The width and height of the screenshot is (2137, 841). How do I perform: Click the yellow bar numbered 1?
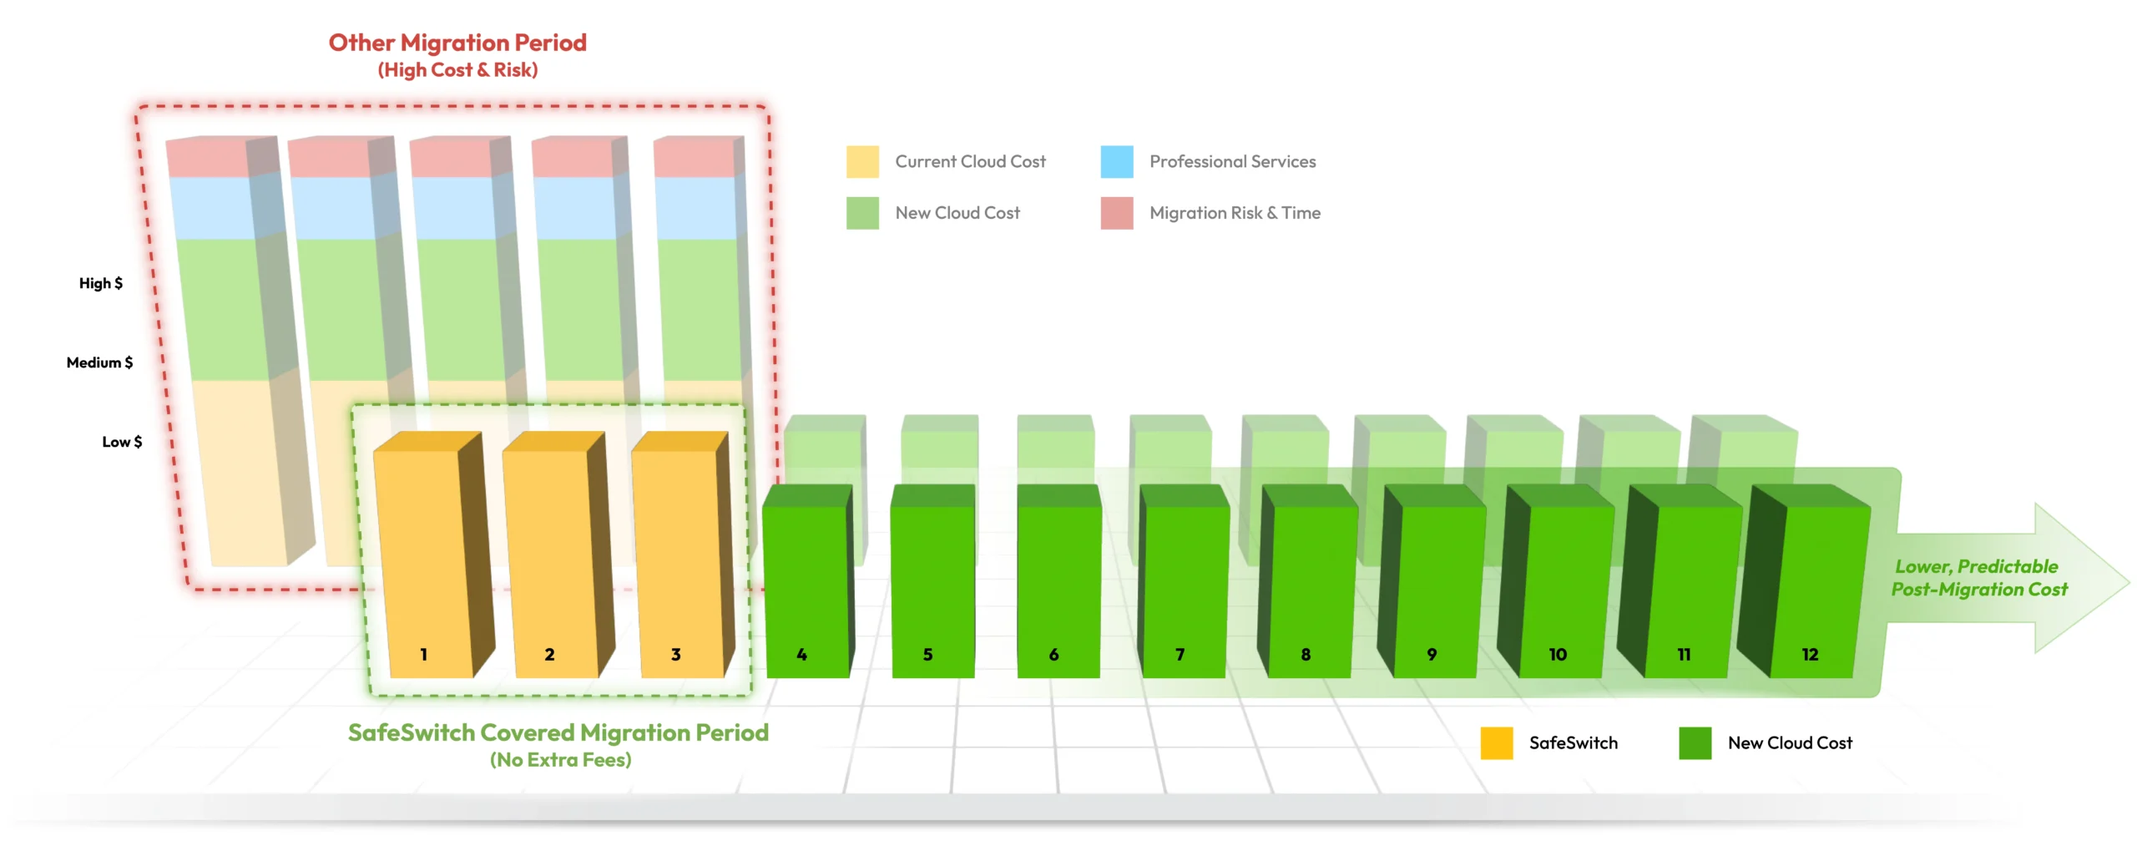click(x=430, y=555)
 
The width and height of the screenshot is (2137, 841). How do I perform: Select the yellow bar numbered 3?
click(x=680, y=555)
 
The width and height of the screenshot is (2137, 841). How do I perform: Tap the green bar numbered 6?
click(x=1058, y=581)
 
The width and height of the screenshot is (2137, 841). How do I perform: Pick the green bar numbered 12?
click(x=1807, y=581)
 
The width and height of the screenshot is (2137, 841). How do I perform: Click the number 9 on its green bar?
click(x=1432, y=655)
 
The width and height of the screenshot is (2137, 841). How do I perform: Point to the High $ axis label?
click(x=101, y=283)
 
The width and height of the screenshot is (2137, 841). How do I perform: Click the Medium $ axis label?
click(x=99, y=362)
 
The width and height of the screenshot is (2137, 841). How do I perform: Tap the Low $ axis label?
click(x=122, y=442)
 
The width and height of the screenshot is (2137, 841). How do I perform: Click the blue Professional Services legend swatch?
click(x=1117, y=162)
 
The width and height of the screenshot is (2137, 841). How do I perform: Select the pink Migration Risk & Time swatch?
click(x=1117, y=213)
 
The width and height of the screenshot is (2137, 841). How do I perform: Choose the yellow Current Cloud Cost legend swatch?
click(x=862, y=162)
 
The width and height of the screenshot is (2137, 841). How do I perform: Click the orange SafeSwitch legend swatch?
click(x=1497, y=743)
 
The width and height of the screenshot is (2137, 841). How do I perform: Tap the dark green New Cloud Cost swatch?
click(x=1695, y=743)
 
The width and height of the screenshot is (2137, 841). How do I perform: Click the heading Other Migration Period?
click(x=457, y=43)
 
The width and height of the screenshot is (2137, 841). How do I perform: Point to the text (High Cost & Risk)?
click(x=457, y=70)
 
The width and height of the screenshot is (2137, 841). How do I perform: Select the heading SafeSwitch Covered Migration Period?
click(x=558, y=732)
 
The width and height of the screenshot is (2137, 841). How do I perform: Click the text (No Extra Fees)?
click(x=560, y=760)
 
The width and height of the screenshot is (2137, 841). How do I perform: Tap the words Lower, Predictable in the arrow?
click(x=1976, y=566)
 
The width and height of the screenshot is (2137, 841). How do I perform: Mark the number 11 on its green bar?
click(x=1684, y=655)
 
